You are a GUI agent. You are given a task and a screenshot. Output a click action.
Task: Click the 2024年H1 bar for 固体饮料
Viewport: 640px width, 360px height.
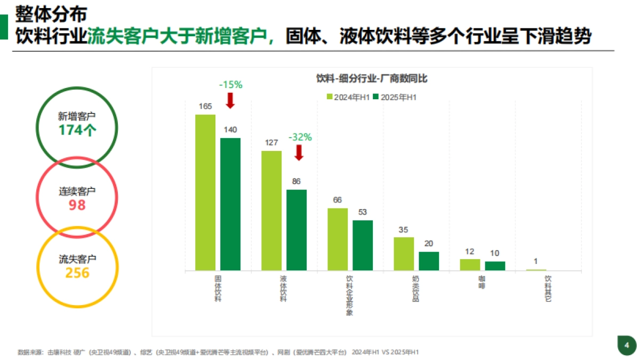pos(205,192)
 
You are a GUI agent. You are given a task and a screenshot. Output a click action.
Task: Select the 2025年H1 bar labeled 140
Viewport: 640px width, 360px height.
pos(230,204)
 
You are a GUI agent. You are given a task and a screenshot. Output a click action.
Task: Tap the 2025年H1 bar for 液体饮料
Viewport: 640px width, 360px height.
pos(297,230)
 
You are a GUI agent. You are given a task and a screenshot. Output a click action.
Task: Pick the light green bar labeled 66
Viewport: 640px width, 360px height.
pos(338,239)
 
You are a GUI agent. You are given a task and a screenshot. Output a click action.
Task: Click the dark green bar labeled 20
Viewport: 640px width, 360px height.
pos(429,261)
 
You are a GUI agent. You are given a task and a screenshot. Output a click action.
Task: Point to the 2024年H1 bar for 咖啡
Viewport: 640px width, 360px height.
pos(470,265)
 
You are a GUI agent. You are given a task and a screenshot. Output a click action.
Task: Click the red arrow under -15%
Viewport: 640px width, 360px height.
pos(230,100)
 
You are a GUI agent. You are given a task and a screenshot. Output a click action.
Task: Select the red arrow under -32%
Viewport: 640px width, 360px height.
pos(299,153)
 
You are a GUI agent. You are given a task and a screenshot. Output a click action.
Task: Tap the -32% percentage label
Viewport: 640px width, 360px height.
pos(300,137)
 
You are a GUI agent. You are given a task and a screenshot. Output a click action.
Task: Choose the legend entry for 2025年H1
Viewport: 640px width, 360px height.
pos(395,97)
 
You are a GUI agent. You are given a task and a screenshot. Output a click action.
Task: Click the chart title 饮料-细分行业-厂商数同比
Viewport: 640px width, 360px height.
pos(371,79)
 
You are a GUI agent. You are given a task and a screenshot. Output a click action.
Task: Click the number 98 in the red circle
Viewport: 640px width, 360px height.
pos(77,205)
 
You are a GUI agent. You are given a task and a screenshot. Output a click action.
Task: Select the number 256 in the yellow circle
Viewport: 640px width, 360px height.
pos(77,273)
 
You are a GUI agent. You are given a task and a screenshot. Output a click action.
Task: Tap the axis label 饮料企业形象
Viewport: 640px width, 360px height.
pos(349,295)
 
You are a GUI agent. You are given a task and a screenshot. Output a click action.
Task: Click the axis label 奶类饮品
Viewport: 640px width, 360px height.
pos(415,289)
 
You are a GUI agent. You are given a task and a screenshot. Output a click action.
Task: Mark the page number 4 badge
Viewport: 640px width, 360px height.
pos(627,346)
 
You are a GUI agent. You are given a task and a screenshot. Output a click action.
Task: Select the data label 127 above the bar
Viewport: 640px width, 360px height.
pos(271,142)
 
